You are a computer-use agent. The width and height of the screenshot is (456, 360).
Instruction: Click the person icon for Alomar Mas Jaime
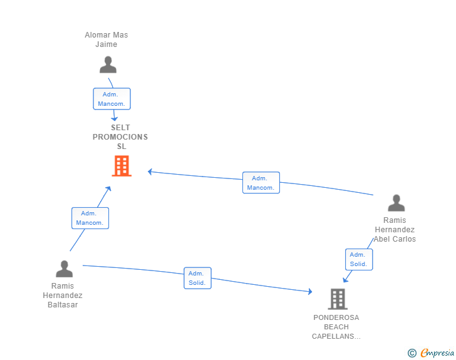click(x=108, y=64)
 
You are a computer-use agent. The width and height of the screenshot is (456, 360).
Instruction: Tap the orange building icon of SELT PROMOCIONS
click(x=122, y=166)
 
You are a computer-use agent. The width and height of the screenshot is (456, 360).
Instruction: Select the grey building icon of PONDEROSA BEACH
click(x=338, y=299)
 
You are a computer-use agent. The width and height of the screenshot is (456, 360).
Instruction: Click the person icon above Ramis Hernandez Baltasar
click(x=65, y=269)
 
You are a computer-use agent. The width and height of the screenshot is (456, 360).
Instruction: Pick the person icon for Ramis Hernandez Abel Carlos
click(x=396, y=203)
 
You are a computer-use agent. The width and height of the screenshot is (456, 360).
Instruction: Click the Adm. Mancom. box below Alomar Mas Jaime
click(x=111, y=99)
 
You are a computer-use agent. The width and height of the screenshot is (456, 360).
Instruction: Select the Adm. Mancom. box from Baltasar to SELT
click(x=90, y=218)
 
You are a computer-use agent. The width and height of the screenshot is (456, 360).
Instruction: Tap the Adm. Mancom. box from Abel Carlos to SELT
click(x=261, y=183)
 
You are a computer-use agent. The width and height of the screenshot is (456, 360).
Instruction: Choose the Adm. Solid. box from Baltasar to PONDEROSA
click(x=197, y=278)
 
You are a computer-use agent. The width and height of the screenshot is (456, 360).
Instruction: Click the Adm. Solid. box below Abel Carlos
click(x=359, y=259)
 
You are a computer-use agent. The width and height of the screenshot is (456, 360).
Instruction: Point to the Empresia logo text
click(x=437, y=352)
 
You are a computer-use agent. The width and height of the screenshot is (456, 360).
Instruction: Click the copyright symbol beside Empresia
click(x=412, y=353)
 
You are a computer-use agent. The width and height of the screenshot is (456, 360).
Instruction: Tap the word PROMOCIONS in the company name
click(x=120, y=137)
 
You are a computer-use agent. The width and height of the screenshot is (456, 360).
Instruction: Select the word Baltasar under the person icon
click(x=63, y=305)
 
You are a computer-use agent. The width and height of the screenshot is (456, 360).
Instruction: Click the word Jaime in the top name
click(x=106, y=44)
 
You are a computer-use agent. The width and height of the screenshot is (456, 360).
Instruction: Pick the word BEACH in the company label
click(x=336, y=327)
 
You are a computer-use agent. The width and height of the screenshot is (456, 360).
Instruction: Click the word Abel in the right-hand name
click(x=381, y=239)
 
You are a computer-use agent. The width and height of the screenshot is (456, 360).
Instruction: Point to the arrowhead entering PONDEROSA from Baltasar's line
click(x=310, y=291)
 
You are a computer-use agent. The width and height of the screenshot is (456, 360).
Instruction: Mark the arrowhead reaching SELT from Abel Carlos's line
click(x=150, y=172)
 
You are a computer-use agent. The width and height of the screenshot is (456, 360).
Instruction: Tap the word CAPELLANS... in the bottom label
click(x=336, y=336)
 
